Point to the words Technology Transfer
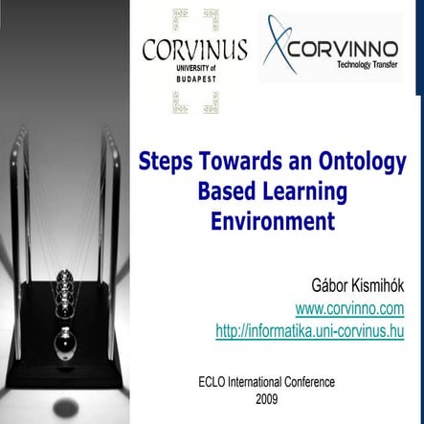pyautogui.click(x=368, y=67)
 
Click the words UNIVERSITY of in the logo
pyautogui.click(x=194, y=68)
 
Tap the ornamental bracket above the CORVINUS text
pyautogui.click(x=194, y=20)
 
